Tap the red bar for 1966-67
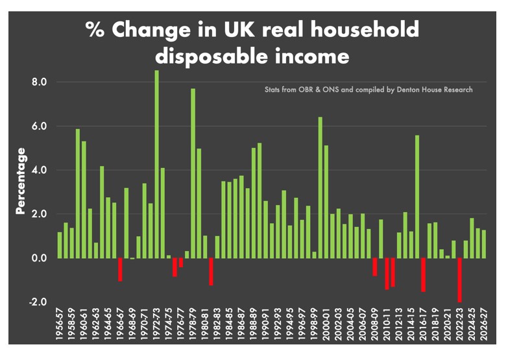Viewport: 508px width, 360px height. pyautogui.click(x=120, y=269)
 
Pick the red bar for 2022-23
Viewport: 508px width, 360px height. pyautogui.click(x=459, y=280)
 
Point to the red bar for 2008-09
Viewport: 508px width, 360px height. pyautogui.click(x=375, y=267)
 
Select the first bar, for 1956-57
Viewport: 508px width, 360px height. pyautogui.click(x=60, y=245)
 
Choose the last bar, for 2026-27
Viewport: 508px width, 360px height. pyautogui.click(x=483, y=244)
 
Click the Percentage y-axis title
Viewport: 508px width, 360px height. pyautogui.click(x=21, y=181)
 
